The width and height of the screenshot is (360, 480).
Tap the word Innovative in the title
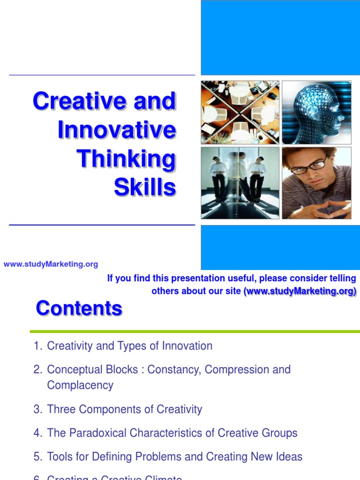tap(117, 130)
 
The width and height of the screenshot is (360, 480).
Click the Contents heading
tap(79, 308)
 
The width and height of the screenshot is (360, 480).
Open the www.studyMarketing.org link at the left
tap(51, 264)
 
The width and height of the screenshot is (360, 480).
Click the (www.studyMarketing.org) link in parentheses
tap(300, 291)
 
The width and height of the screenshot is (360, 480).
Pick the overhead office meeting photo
tap(240, 112)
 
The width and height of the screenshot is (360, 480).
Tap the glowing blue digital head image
tap(316, 112)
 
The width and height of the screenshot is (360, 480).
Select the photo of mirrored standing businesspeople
tap(240, 183)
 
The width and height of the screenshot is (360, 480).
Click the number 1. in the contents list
tap(38, 346)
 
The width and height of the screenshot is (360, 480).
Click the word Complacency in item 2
tap(80, 385)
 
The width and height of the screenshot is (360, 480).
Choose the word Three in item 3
tap(60, 409)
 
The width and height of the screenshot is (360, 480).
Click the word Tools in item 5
tap(60, 457)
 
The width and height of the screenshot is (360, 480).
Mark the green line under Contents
tap(195, 331)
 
